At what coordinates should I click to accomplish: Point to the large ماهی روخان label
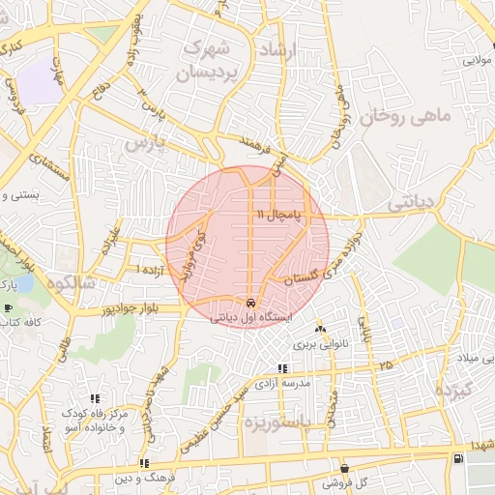406,118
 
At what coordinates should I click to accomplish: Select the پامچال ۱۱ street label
279,212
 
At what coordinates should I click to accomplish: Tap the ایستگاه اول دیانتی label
250,315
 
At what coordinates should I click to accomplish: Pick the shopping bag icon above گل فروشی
344,468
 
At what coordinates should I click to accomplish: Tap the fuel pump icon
457,456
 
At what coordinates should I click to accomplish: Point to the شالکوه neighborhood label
68,283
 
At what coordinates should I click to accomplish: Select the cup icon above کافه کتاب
9,308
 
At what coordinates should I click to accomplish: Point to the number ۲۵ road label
387,364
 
